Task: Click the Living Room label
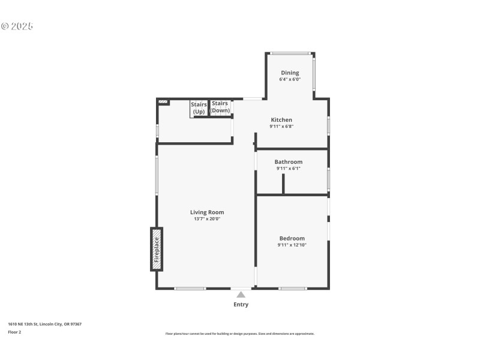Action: pos(207,212)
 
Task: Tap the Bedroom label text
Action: pos(292,238)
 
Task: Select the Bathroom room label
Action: pos(288,162)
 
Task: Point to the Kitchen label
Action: pos(281,120)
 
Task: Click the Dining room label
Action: pos(290,73)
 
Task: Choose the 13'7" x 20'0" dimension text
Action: pos(207,219)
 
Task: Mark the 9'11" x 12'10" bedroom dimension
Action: pos(292,245)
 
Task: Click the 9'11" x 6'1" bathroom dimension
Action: pos(288,169)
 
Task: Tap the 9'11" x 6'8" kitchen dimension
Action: pos(281,127)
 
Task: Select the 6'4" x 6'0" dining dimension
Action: pos(290,79)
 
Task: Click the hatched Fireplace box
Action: pos(157,249)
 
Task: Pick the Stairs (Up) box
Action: pos(199,108)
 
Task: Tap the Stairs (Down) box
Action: pos(220,107)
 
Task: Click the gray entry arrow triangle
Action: pos(241,294)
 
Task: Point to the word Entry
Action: pos(241,305)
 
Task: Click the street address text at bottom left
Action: pos(44,324)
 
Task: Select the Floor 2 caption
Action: pos(14,332)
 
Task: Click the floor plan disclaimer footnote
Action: pos(239,334)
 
